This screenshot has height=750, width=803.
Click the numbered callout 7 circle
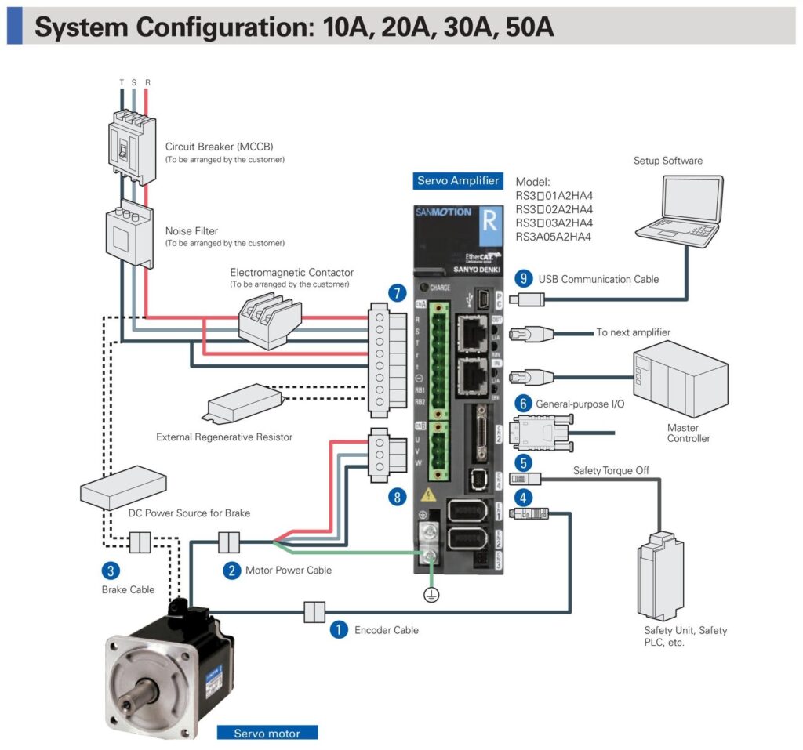tap(398, 294)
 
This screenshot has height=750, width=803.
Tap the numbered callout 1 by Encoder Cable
tap(338, 629)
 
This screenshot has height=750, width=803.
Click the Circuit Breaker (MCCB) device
tap(129, 144)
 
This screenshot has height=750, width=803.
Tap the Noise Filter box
tap(128, 234)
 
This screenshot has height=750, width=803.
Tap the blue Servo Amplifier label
tap(458, 181)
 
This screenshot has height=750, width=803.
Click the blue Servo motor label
tap(269, 734)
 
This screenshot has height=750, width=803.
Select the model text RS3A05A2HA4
tap(554, 237)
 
